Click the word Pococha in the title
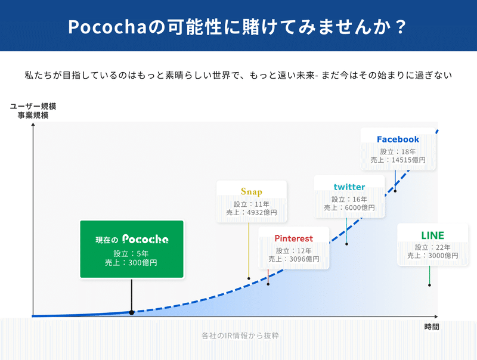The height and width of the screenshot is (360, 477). point(108,27)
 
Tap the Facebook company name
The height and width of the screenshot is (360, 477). point(398,139)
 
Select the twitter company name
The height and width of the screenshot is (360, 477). point(349,187)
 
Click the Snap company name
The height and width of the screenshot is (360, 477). point(251,191)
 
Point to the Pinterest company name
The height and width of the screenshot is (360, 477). point(293,238)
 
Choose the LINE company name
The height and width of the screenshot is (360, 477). point(433,235)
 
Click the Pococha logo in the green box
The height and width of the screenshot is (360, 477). point(145,239)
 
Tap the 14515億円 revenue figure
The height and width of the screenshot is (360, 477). point(408,160)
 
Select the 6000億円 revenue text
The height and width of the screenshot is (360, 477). point(360,207)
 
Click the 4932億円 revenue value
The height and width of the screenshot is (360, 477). point(262,212)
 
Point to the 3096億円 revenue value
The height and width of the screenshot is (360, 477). point(304,259)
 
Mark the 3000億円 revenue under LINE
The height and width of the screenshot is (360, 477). point(443,256)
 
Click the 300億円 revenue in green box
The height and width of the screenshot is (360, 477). point(143,263)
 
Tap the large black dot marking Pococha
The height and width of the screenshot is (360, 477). point(131,312)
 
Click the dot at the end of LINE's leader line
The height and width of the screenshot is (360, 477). point(429,285)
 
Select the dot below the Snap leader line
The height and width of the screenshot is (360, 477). point(249,278)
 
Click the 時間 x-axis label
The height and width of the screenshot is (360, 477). point(432,327)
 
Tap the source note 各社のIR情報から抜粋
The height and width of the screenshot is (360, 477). point(240,336)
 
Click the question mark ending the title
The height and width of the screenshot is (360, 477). point(401,27)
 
